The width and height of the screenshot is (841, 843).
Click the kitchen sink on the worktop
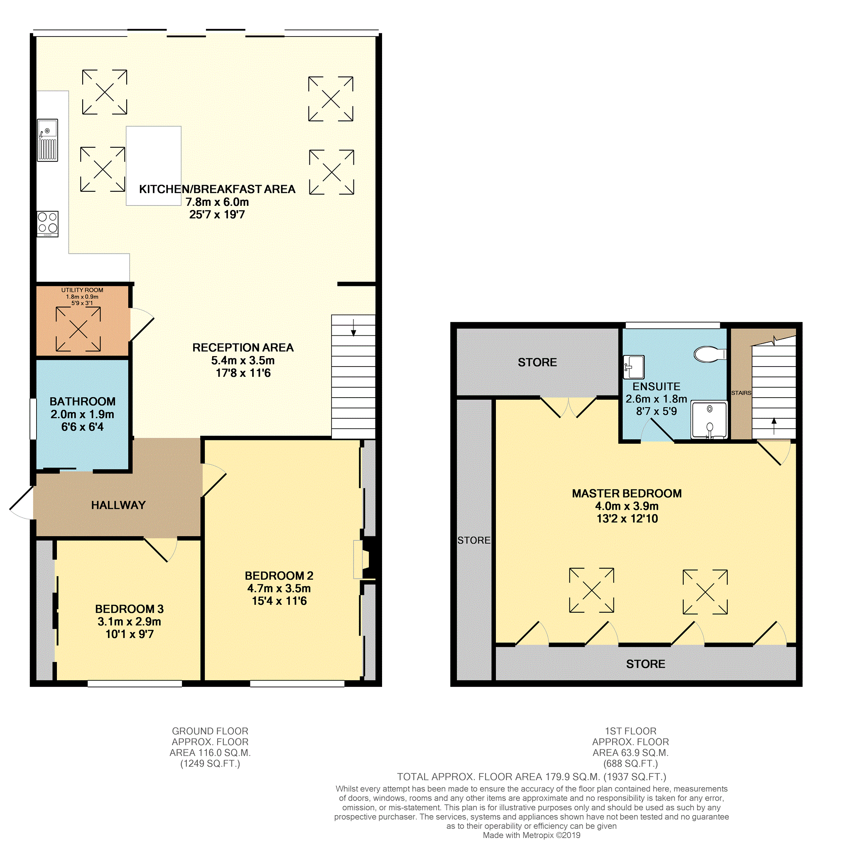47,140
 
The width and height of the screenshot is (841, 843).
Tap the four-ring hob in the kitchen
48,224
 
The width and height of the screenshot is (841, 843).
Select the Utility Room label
82,290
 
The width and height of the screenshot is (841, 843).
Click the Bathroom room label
83,401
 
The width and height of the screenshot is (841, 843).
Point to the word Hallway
118,505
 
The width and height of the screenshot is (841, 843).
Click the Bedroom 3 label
129,608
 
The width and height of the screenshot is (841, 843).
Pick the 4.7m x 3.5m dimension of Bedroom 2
279,588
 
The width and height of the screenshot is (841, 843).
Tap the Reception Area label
243,347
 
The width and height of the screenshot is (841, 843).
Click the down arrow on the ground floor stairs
353,327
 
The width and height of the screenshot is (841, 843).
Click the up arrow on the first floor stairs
774,426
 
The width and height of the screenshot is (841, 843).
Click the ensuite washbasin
634,367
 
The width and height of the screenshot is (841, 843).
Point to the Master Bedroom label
627,494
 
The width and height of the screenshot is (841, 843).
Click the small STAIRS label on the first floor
741,393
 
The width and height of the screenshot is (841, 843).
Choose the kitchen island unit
154,166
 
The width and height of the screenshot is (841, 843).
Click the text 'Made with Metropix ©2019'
532,835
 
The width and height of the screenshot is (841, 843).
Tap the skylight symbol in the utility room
78,329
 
